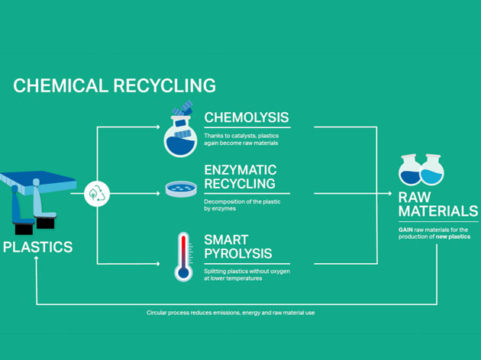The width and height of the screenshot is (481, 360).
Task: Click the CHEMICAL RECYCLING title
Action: click(115, 85)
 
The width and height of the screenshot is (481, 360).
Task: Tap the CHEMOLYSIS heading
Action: click(246, 117)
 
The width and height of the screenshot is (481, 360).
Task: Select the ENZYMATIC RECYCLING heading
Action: click(240, 177)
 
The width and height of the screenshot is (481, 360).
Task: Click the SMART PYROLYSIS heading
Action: click(237, 246)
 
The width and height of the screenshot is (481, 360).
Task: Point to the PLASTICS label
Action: click(37, 247)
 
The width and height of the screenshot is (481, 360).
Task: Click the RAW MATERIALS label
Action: click(437, 204)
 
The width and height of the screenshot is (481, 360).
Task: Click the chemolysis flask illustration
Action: click(180, 131)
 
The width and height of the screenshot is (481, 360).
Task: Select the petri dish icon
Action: click(181, 188)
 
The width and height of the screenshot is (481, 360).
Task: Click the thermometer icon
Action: click(183, 256)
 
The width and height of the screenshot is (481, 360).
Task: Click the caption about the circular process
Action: click(231, 313)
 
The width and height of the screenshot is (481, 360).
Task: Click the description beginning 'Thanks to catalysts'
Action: click(240, 140)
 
